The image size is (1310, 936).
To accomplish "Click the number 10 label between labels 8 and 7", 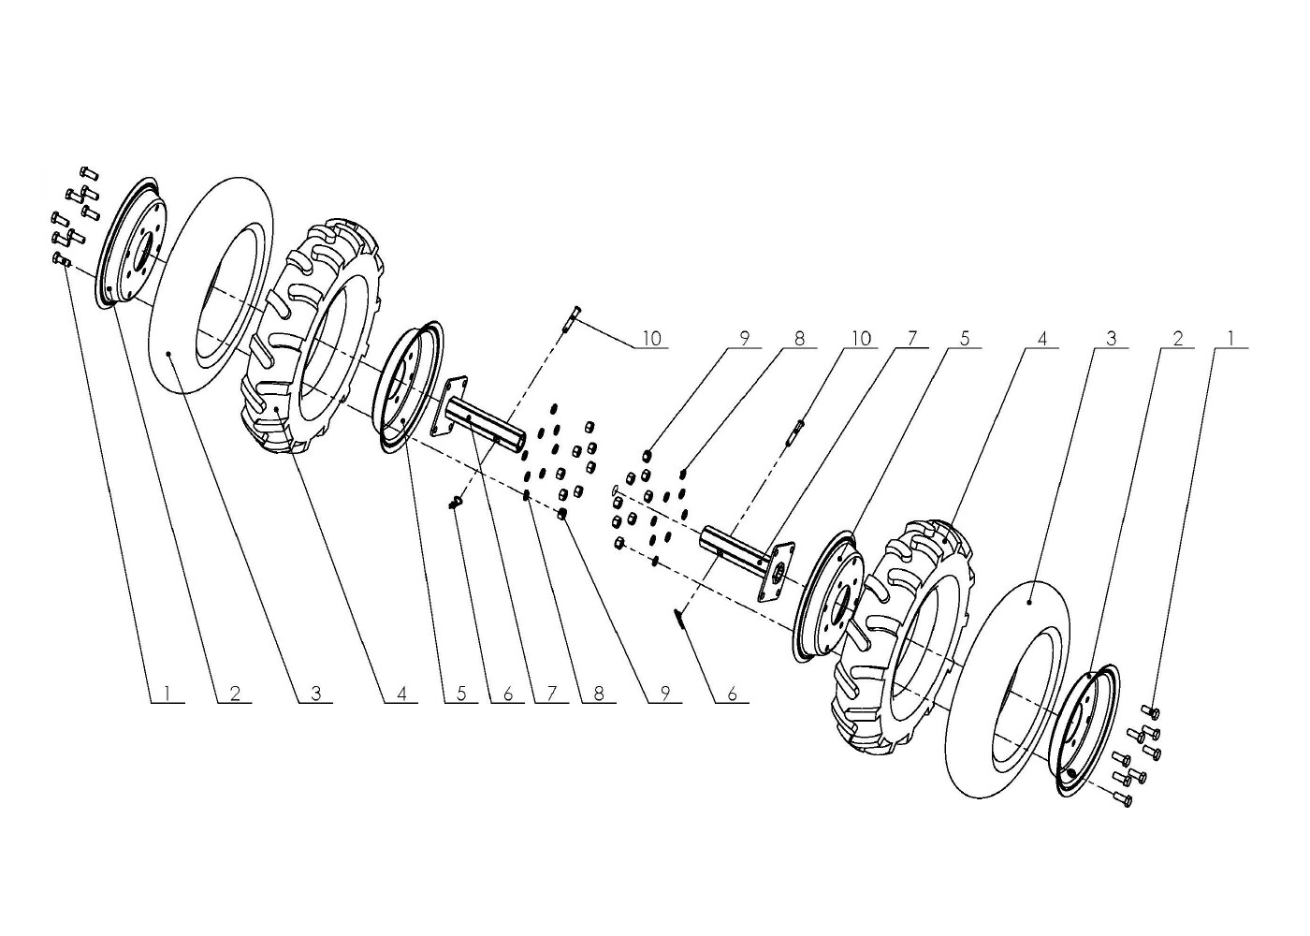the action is (x=860, y=339).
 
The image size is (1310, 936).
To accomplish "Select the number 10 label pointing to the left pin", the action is (x=651, y=339).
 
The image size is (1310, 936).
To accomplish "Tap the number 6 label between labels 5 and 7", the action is (x=507, y=694).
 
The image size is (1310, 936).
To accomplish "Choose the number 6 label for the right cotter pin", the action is (x=732, y=694).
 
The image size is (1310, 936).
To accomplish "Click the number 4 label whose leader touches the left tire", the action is (x=401, y=694).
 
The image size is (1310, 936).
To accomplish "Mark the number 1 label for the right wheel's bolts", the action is (x=1230, y=339).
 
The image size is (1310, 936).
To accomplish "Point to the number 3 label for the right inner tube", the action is (x=1112, y=339).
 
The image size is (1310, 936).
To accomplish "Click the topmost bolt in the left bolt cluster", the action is (x=88, y=173).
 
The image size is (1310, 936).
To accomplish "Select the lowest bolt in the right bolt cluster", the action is (x=1121, y=798).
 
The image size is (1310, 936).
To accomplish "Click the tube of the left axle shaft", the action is (x=486, y=424).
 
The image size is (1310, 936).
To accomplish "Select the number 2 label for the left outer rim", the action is (x=235, y=694).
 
